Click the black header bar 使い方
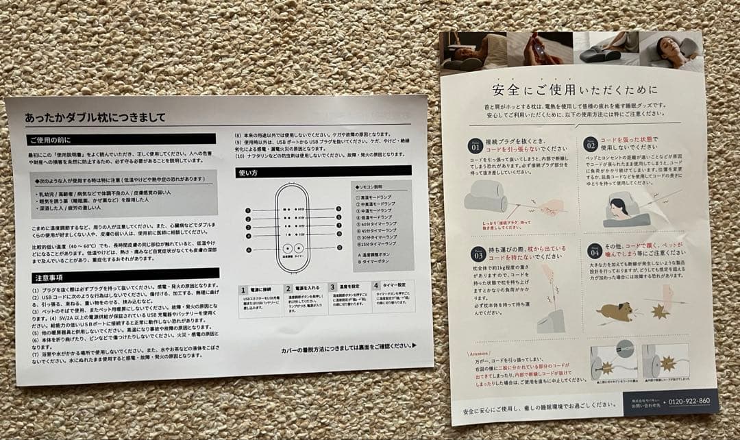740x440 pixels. [323, 171]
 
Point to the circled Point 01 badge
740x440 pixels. [475, 145]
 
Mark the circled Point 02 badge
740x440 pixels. [590, 143]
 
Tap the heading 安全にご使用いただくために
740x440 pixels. [574, 90]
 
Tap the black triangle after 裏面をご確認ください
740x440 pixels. [413, 346]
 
